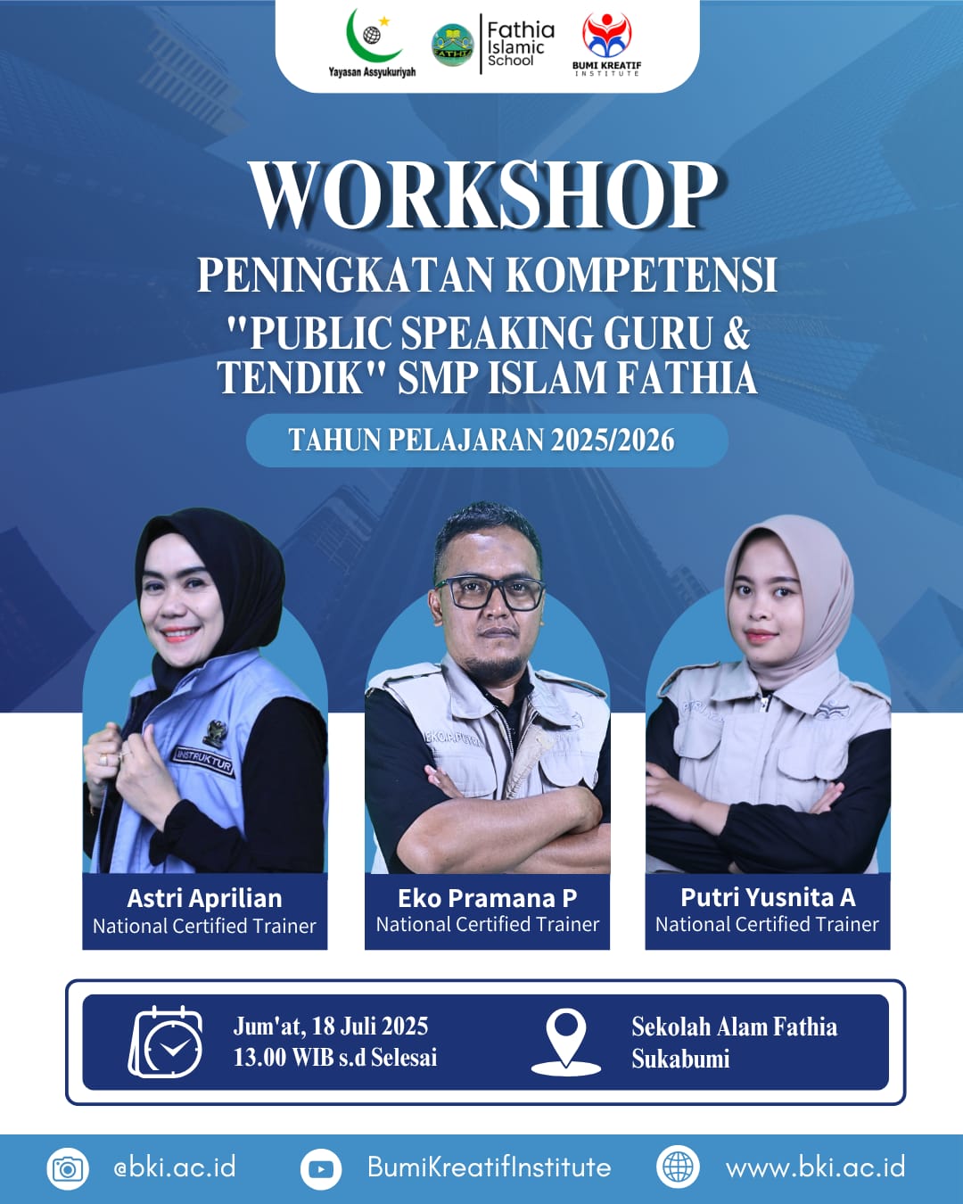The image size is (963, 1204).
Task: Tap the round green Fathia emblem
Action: coord(453,45)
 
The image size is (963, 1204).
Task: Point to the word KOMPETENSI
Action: coord(644,275)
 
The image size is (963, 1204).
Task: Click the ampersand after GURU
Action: coord(733,333)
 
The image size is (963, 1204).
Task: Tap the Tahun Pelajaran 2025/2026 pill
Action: coord(487,441)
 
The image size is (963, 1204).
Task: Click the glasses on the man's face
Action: coord(489,594)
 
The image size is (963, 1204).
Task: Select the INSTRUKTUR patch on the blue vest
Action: coord(203,762)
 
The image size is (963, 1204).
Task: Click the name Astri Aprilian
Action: coord(205,899)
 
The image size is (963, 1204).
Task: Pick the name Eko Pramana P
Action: coord(488,898)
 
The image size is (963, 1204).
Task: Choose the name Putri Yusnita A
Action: coord(768,898)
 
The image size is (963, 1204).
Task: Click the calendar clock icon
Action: coord(166,1043)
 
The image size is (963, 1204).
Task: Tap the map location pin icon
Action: coord(565,1043)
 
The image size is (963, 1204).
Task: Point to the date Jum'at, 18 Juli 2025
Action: coord(331,1027)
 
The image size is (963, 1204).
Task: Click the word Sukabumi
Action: coord(680,1060)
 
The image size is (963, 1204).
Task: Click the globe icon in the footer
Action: coord(678,1167)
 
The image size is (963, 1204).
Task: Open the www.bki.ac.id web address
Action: coord(815,1168)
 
